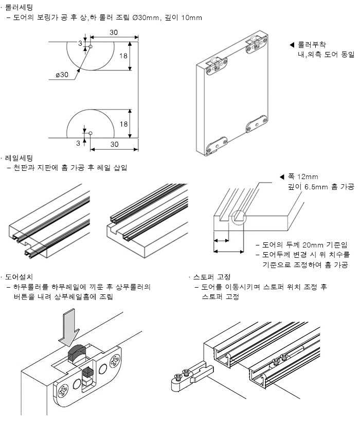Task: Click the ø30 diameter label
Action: (x=62, y=75)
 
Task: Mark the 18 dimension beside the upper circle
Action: (x=123, y=55)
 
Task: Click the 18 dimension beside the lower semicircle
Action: (x=123, y=124)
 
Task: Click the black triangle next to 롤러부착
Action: (x=292, y=45)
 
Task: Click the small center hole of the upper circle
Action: (x=90, y=47)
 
